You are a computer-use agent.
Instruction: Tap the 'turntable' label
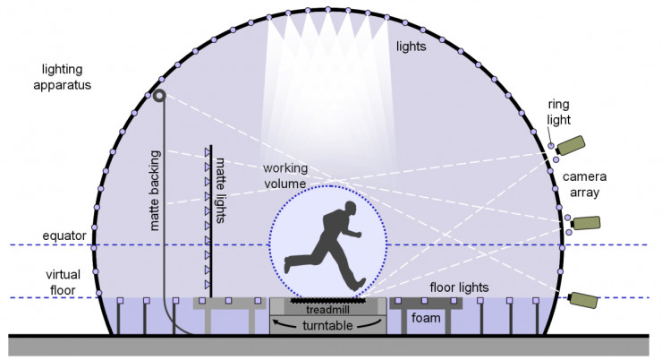tap(327, 323)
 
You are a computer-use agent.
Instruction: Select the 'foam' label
tap(424, 319)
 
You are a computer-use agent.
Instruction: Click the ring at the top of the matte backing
tap(160, 96)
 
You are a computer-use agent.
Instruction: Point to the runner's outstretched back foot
tap(289, 266)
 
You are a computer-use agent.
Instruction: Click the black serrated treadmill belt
tap(327, 300)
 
